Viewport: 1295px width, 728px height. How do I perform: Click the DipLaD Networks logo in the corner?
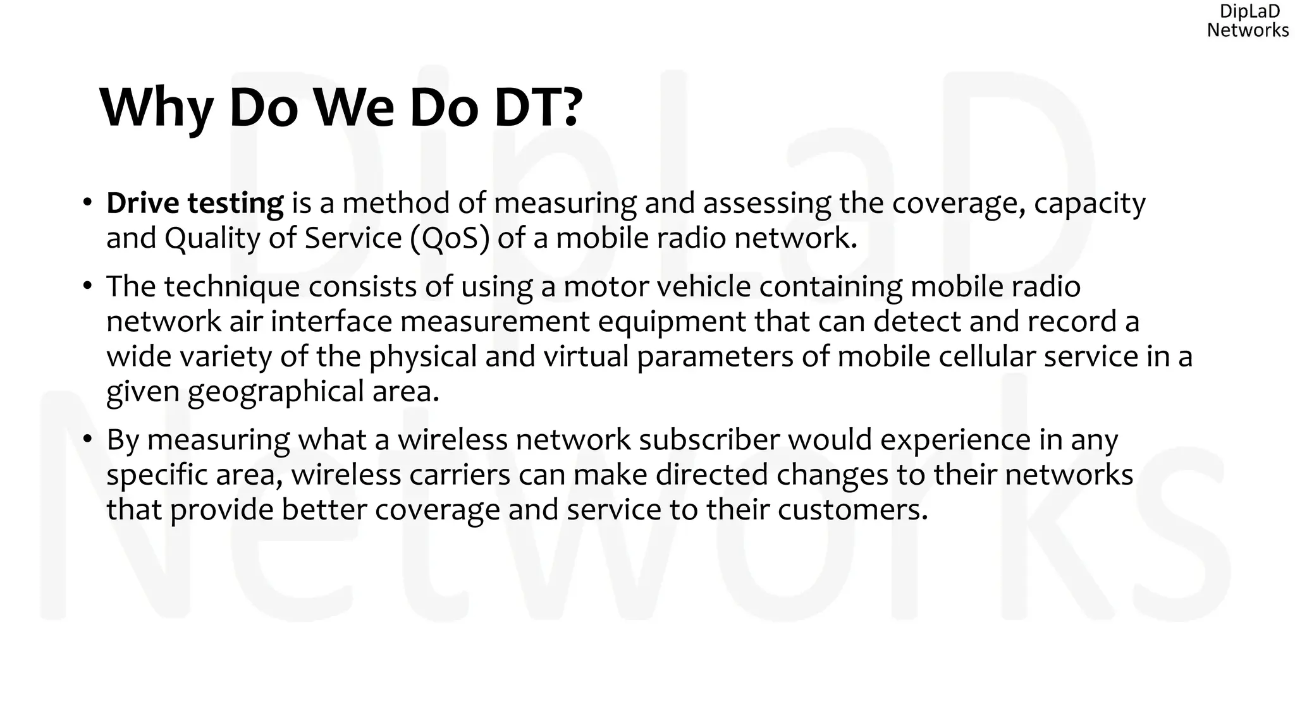[x=1247, y=21]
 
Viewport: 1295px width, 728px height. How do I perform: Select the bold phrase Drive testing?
[x=195, y=203]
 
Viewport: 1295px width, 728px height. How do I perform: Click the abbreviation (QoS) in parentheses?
[x=450, y=239]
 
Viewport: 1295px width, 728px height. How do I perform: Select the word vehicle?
[x=704, y=286]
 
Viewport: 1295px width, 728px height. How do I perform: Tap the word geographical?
[x=276, y=392]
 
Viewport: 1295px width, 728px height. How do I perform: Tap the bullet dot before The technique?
[x=87, y=286]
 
